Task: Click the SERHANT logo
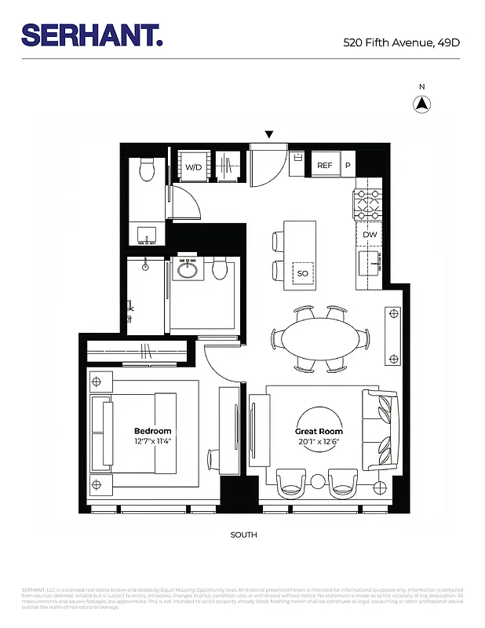92,35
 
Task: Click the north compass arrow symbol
421,104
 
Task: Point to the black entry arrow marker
269,135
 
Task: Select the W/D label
193,166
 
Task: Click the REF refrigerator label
324,166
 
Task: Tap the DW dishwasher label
370,235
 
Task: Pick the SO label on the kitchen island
302,273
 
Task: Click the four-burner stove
368,204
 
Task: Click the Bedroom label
152,431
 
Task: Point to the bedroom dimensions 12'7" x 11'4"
152,441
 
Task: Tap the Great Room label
319,431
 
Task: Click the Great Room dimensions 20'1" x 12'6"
319,441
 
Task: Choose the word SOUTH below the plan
243,535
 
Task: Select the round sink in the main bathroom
188,270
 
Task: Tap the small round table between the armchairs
318,480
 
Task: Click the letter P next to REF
347,166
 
